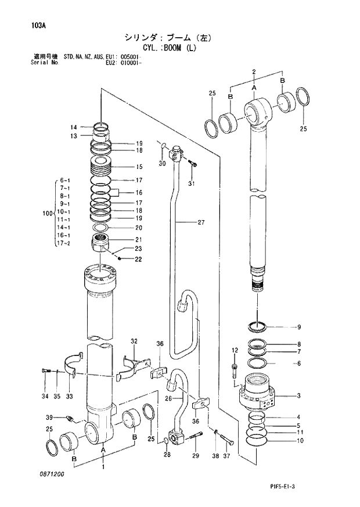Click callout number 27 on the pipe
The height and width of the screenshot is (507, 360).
[x=201, y=222]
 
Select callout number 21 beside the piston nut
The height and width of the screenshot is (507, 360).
[x=139, y=239]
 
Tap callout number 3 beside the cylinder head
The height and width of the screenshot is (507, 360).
[x=298, y=396]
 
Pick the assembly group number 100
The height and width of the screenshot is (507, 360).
[x=48, y=214]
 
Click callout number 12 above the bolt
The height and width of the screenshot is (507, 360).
[x=235, y=350]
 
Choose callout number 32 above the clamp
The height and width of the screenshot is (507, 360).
[x=134, y=341]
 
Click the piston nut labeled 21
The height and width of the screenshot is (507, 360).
[x=102, y=242]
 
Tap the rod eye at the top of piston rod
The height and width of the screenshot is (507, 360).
[x=255, y=110]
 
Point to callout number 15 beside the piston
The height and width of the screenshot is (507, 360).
[x=139, y=167]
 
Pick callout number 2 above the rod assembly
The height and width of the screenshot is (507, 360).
[x=254, y=71]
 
